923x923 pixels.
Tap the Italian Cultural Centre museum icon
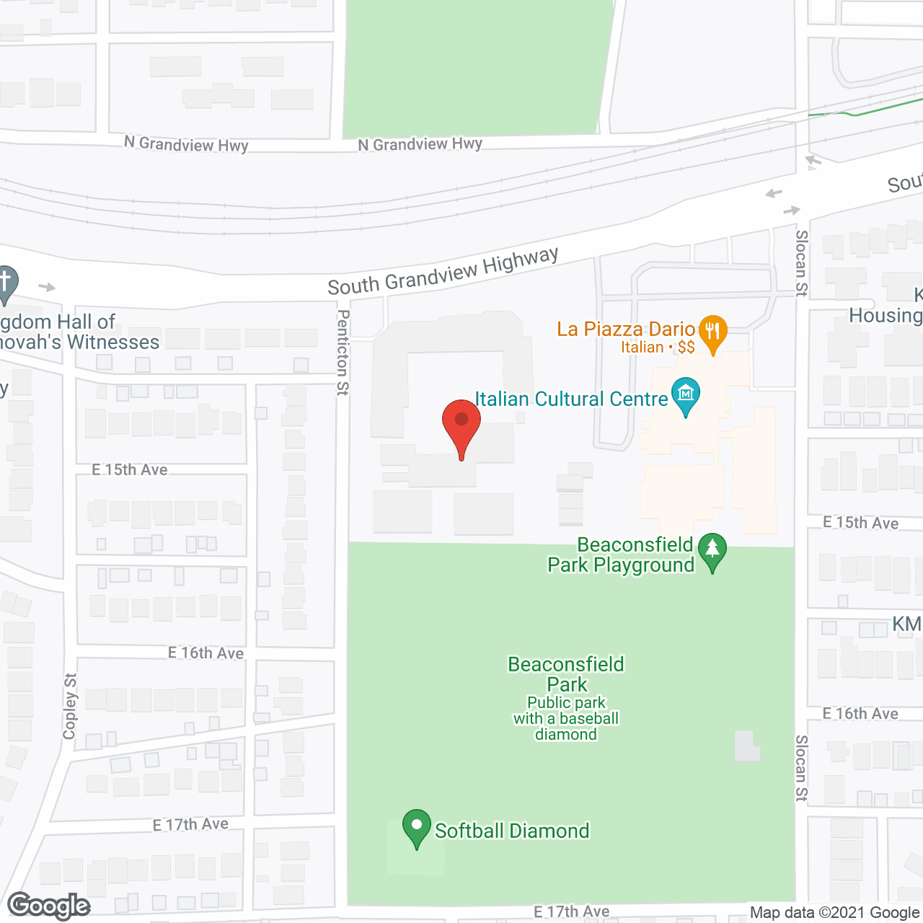point(685,394)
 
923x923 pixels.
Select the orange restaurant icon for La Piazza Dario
point(712,332)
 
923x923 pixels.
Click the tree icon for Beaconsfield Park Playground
point(712,549)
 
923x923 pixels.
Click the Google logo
point(49,906)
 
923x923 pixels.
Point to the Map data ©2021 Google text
point(834,913)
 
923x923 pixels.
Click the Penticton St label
point(343,353)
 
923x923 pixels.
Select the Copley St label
point(70,707)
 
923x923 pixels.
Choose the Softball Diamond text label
point(512,831)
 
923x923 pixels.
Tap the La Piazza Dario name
point(625,329)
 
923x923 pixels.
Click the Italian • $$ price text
point(658,348)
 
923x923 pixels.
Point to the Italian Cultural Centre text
point(571,399)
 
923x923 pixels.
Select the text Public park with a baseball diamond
point(566,718)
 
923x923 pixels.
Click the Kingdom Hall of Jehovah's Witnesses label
point(79,332)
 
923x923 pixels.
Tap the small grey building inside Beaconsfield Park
point(747,746)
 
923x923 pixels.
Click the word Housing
point(886,315)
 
